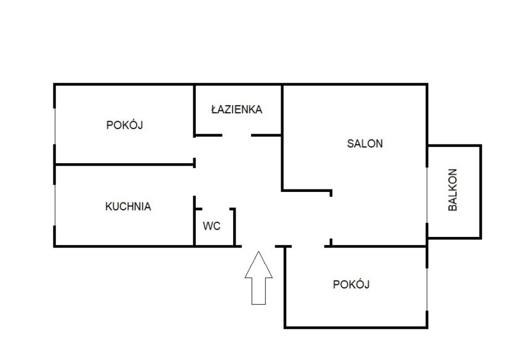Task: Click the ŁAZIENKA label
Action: [x=236, y=110]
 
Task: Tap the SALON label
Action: [x=365, y=144]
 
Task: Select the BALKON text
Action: [x=453, y=190]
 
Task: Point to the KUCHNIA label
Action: [x=128, y=207]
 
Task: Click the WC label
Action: [x=212, y=226]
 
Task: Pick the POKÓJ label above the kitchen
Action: [x=125, y=125]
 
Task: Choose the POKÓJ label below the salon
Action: [x=351, y=284]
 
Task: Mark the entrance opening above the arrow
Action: [x=258, y=246]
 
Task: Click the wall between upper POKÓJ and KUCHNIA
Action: [x=123, y=164]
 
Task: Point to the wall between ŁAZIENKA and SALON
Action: [x=282, y=111]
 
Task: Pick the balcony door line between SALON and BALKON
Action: [x=427, y=194]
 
